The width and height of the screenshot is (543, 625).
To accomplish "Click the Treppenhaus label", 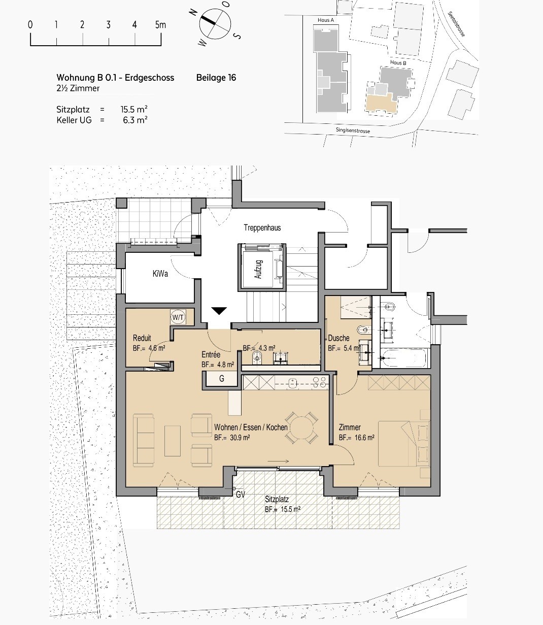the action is click(x=262, y=227).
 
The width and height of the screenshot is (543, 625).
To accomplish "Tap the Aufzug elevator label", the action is click(x=258, y=269).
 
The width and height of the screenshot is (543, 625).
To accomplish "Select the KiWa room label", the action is click(x=160, y=273).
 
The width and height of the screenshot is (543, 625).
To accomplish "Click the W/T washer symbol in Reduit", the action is click(x=178, y=317).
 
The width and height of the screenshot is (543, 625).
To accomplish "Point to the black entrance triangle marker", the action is click(x=219, y=311).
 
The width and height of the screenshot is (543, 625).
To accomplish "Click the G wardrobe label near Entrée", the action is click(x=222, y=378).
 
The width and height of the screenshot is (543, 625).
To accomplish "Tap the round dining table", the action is click(x=301, y=427).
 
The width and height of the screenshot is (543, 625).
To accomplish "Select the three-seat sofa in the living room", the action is click(x=144, y=440).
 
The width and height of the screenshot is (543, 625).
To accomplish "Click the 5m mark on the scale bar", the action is click(x=160, y=25).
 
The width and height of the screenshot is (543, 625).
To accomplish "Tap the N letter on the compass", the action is click(x=193, y=12).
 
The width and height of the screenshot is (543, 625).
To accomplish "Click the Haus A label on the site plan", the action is click(x=326, y=20).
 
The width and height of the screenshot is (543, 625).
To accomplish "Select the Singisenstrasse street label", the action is click(x=353, y=130).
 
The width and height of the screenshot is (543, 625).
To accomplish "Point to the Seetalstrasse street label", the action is click(x=456, y=24).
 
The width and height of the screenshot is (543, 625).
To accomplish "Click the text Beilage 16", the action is click(x=216, y=78).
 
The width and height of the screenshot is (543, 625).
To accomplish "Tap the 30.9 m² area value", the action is click(x=240, y=438).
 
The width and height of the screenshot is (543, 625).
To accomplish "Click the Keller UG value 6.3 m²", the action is click(x=135, y=120).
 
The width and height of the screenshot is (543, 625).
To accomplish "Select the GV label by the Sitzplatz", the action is click(x=241, y=495).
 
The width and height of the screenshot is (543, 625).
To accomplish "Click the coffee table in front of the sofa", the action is click(x=173, y=441).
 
